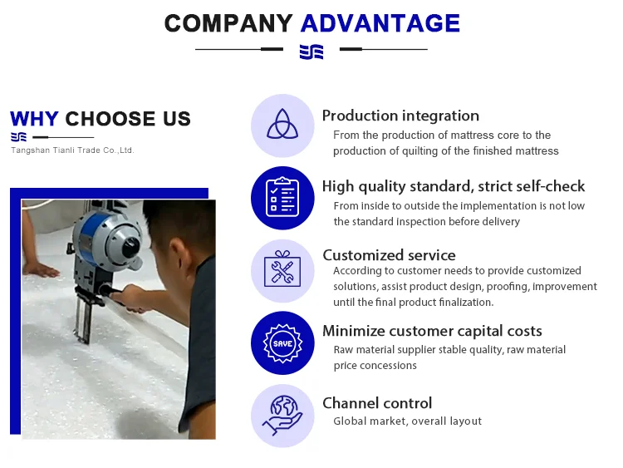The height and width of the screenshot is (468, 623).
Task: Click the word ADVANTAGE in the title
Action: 380,23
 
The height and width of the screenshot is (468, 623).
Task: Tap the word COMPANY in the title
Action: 228,23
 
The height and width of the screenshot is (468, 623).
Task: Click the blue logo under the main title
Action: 311,52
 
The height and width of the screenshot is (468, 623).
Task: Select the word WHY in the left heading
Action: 34,119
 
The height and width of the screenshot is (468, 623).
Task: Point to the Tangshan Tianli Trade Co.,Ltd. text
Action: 72,150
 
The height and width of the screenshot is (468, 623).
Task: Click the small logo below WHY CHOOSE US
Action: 18,137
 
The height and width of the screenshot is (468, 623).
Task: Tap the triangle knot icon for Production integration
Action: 282,124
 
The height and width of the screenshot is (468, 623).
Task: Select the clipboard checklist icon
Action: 282,197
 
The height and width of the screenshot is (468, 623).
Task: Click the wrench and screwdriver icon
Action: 282,269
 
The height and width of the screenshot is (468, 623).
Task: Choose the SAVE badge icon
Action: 282,343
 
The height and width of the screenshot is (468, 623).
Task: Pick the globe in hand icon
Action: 282,415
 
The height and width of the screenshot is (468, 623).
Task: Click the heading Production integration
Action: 400,116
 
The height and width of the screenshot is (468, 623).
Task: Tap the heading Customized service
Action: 389,255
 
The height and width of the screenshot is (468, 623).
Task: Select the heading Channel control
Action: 377,403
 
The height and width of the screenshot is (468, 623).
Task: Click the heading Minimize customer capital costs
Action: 432,331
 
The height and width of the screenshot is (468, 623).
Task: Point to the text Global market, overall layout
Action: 407,421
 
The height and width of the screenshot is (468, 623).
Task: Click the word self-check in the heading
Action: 551,186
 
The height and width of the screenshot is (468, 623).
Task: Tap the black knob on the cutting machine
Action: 130,246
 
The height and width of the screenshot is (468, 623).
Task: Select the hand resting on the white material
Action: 40,269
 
